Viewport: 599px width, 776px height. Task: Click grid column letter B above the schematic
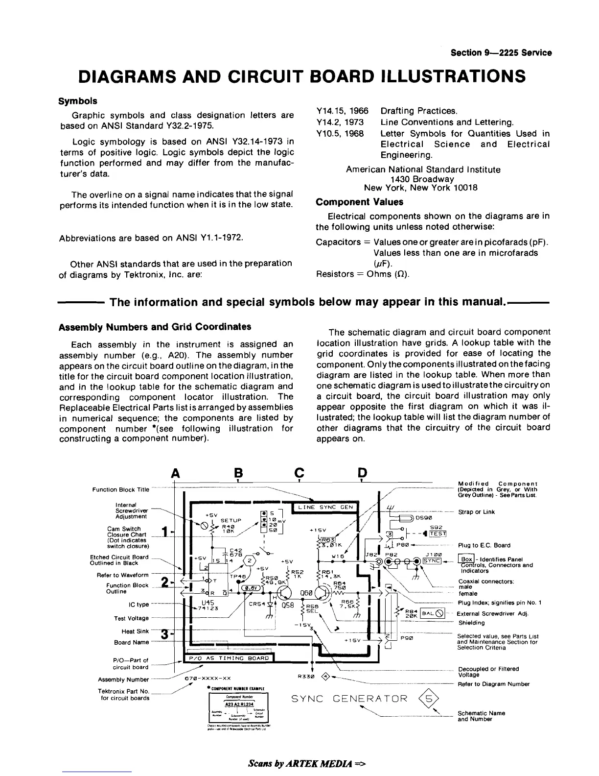pos(238,473)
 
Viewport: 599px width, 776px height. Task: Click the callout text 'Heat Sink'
pos(135,631)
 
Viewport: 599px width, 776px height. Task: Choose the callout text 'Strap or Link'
pos(476,512)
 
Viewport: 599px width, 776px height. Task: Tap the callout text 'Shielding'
pos(471,623)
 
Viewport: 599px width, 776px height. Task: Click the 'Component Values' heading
pos(359,202)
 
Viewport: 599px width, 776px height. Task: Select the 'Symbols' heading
pos(78,101)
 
